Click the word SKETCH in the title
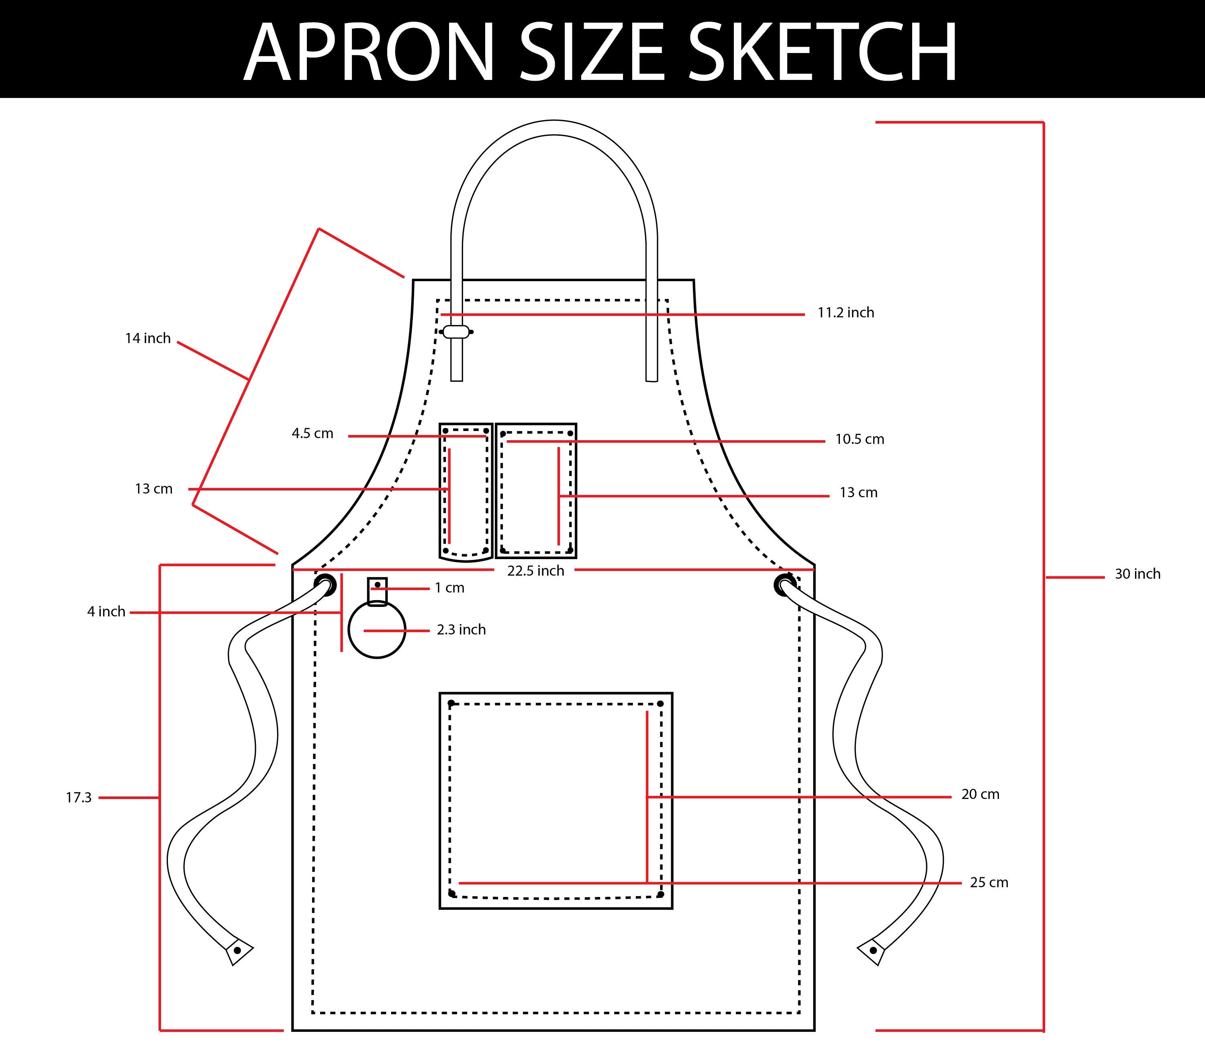click(x=823, y=52)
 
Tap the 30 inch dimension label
click(x=1138, y=574)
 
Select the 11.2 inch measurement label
click(x=846, y=313)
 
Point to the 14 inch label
click(x=147, y=338)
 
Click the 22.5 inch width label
click(x=535, y=571)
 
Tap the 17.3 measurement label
click(x=79, y=797)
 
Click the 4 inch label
click(x=106, y=612)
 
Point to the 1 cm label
click(x=449, y=588)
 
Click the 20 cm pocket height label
click(x=980, y=794)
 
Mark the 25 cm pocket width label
click(x=989, y=882)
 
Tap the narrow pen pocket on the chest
click(x=466, y=492)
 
